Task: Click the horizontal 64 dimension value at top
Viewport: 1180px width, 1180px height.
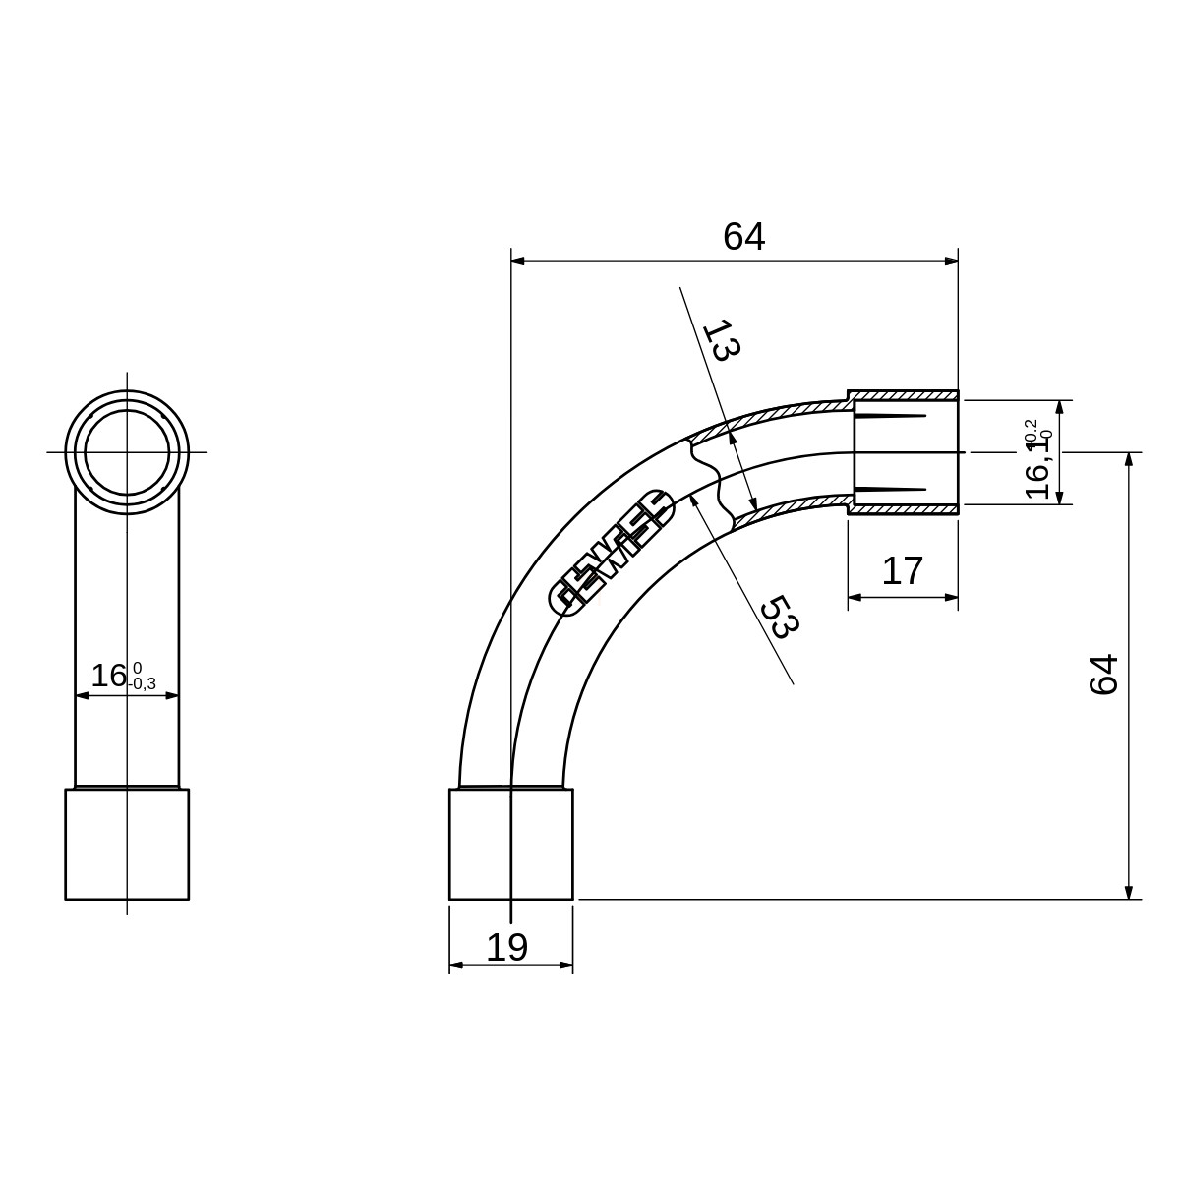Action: [x=743, y=236]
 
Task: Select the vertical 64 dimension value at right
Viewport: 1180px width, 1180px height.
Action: [x=1103, y=675]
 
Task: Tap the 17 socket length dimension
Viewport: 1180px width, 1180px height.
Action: [x=902, y=570]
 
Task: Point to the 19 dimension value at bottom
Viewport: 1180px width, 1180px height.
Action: [x=506, y=947]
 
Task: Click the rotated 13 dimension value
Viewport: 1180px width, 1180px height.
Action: [x=722, y=340]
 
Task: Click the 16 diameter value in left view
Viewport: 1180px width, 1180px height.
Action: [x=108, y=676]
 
